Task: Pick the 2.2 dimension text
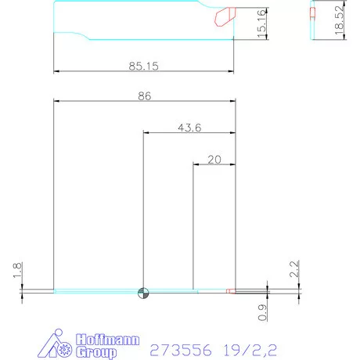tap(295, 269)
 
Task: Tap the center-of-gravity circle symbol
tap(143, 293)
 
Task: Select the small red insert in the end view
tap(312, 13)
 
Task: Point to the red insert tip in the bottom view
tap(229, 292)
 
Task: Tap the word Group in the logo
tap(95, 353)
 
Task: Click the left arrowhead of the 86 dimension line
tap(56, 101)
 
